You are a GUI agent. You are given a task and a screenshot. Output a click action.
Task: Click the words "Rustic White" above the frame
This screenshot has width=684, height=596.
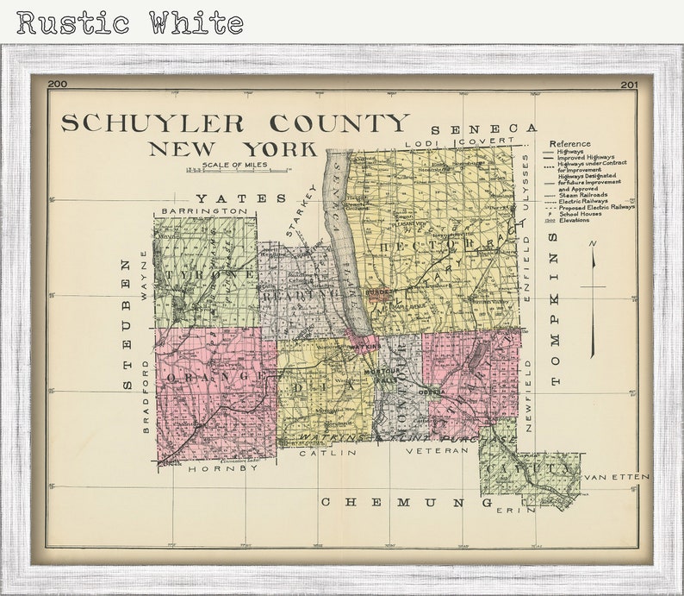[129, 22]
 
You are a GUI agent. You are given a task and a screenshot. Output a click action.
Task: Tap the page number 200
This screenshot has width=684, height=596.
[58, 84]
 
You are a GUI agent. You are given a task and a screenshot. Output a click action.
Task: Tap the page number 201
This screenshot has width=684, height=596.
[628, 85]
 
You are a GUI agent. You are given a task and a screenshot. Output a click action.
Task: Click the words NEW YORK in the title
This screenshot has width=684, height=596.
[233, 148]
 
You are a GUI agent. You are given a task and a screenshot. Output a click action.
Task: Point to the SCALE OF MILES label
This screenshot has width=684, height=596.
[234, 164]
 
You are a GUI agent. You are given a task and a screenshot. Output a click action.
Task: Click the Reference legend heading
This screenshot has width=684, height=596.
[569, 143]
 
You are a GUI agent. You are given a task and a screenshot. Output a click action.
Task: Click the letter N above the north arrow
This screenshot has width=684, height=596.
[593, 244]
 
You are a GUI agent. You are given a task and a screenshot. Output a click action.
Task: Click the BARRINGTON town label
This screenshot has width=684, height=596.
[203, 210]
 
